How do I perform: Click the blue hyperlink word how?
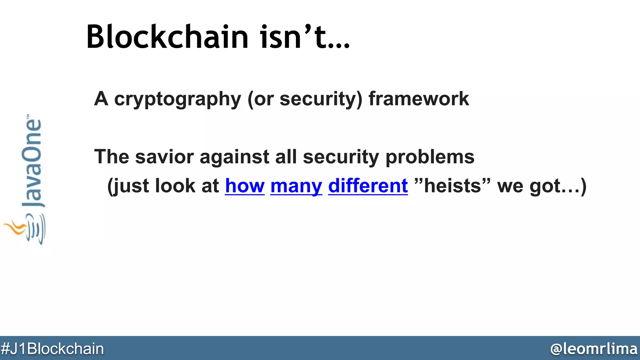click(x=245, y=186)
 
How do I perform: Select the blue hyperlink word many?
click(x=296, y=186)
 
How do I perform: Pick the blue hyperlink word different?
click(x=368, y=186)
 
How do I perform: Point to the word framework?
click(x=419, y=99)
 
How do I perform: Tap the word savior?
click(x=164, y=157)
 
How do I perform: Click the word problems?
click(x=430, y=157)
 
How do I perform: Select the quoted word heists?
click(x=452, y=186)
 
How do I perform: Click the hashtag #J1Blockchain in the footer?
click(x=52, y=349)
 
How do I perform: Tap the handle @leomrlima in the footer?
click(x=593, y=349)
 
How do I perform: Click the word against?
click(x=234, y=157)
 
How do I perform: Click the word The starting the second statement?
click(x=112, y=157)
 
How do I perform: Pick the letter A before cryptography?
click(x=101, y=99)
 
